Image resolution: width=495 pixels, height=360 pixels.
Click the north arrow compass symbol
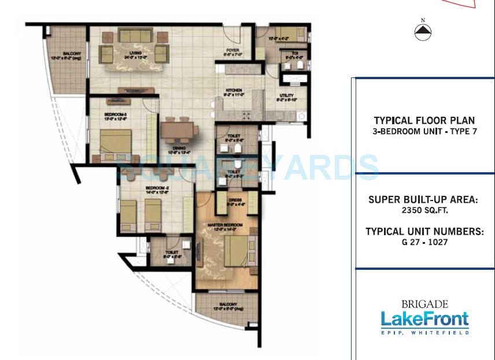423,32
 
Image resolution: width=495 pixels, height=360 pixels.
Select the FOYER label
232,51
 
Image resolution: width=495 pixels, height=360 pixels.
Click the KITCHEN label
234,91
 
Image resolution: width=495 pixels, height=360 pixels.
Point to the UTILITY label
286,96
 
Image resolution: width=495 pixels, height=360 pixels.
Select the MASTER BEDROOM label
226,225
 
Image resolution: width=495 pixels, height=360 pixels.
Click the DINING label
179,148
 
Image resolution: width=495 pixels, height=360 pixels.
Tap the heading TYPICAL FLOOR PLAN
424,121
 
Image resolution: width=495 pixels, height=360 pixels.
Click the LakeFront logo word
424,319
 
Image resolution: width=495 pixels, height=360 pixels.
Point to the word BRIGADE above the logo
424,304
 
